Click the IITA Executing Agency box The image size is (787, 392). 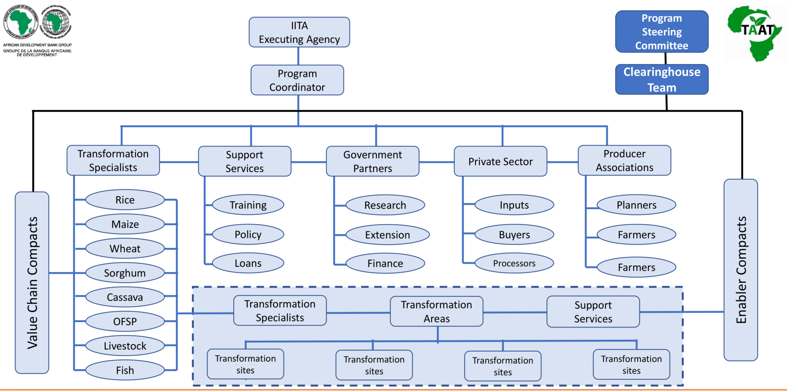(x=299, y=32)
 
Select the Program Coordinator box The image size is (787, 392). (x=297, y=80)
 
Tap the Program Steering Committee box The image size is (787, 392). (x=661, y=31)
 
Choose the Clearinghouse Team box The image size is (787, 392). (x=661, y=79)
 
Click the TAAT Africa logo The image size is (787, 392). (x=755, y=33)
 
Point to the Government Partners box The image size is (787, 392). (x=372, y=161)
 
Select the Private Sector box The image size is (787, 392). (x=500, y=161)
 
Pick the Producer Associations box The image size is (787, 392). (x=624, y=160)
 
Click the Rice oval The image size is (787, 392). (x=125, y=200)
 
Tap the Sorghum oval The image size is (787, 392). (x=125, y=273)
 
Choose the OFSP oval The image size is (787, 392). (x=125, y=321)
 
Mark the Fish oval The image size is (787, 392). (x=125, y=370)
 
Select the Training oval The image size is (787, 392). (x=248, y=205)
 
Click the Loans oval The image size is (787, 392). (x=248, y=263)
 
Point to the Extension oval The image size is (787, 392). (x=387, y=235)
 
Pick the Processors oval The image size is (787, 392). (x=514, y=263)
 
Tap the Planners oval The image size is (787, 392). (x=636, y=205)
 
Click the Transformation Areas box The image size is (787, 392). (x=436, y=311)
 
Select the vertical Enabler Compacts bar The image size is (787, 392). (x=741, y=270)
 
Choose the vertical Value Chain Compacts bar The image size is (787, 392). (x=32, y=283)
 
